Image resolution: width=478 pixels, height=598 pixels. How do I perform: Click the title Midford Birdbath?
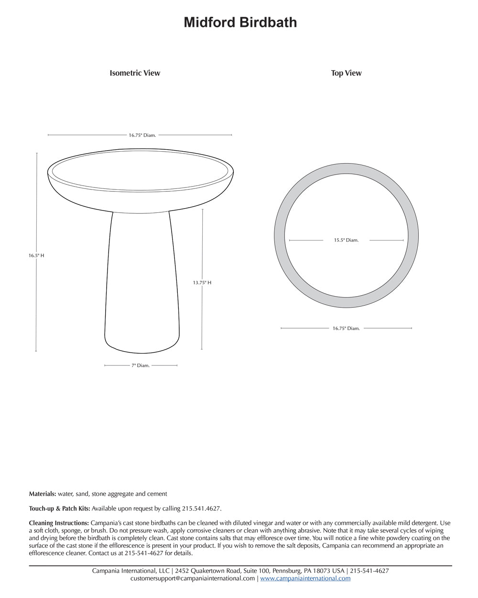[x=240, y=22]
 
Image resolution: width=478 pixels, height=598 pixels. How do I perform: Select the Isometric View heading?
[x=135, y=73]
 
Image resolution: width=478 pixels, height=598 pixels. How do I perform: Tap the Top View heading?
[x=346, y=73]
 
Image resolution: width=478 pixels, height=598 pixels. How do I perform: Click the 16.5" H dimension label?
[x=36, y=255]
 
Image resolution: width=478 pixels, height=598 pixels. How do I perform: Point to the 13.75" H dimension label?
[x=202, y=283]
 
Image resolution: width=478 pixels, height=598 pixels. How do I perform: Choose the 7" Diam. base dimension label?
[x=141, y=365]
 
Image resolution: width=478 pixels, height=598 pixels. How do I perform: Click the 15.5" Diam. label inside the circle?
[x=346, y=240]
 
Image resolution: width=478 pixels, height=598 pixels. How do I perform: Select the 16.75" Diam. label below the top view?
[x=346, y=329]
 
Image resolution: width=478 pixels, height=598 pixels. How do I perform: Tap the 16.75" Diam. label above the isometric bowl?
[x=142, y=135]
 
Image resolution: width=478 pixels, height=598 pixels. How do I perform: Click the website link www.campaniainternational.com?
[x=305, y=578]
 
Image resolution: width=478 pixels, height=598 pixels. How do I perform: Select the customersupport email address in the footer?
[x=193, y=578]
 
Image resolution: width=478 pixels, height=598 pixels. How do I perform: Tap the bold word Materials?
[x=43, y=494]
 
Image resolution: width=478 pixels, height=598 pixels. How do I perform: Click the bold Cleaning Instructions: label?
[x=59, y=523]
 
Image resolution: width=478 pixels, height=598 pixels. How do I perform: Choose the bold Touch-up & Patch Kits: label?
[x=59, y=509]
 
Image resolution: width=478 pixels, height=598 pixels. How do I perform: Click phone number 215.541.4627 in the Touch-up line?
[x=201, y=509]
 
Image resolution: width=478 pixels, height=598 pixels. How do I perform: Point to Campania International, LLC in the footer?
[x=131, y=571]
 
